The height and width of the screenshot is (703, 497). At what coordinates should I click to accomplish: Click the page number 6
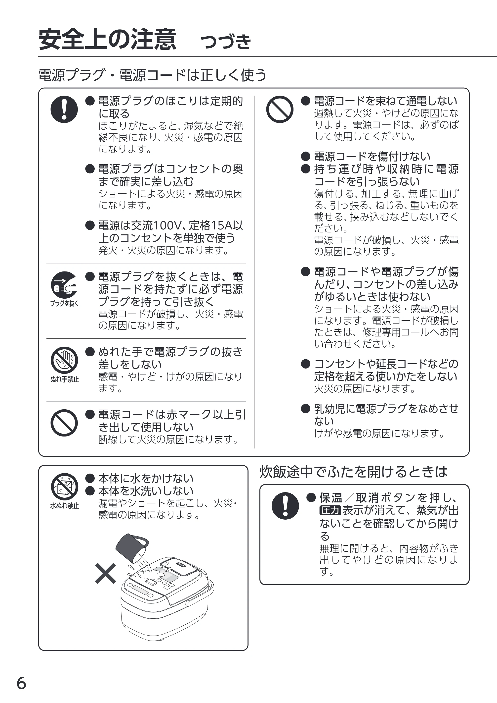[x=21, y=683]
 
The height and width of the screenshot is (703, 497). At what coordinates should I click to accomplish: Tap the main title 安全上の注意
[x=107, y=39]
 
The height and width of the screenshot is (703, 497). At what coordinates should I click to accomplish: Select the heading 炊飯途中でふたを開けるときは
[x=353, y=472]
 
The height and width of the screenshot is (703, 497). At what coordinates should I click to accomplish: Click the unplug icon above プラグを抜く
[x=64, y=285]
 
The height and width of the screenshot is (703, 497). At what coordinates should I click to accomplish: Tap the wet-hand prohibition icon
[x=64, y=360]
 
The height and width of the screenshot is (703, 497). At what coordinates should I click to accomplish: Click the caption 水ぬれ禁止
[x=64, y=506]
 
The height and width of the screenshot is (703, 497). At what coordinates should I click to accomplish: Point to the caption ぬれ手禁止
[x=64, y=379]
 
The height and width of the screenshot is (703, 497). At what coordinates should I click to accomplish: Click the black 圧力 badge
[x=330, y=510]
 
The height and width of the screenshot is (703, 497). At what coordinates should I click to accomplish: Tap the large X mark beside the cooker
[x=105, y=573]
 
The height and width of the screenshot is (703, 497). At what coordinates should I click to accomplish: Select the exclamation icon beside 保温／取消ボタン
[x=285, y=506]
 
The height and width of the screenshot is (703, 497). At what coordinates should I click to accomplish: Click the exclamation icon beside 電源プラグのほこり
[x=64, y=109]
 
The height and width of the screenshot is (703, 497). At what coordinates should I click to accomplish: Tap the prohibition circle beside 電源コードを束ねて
[x=280, y=109]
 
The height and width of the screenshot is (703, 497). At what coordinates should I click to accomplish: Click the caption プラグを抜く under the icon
[x=64, y=303]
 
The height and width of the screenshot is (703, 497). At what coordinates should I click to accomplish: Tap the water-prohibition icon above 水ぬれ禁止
[x=64, y=487]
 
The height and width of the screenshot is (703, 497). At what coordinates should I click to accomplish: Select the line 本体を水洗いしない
[x=146, y=491]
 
